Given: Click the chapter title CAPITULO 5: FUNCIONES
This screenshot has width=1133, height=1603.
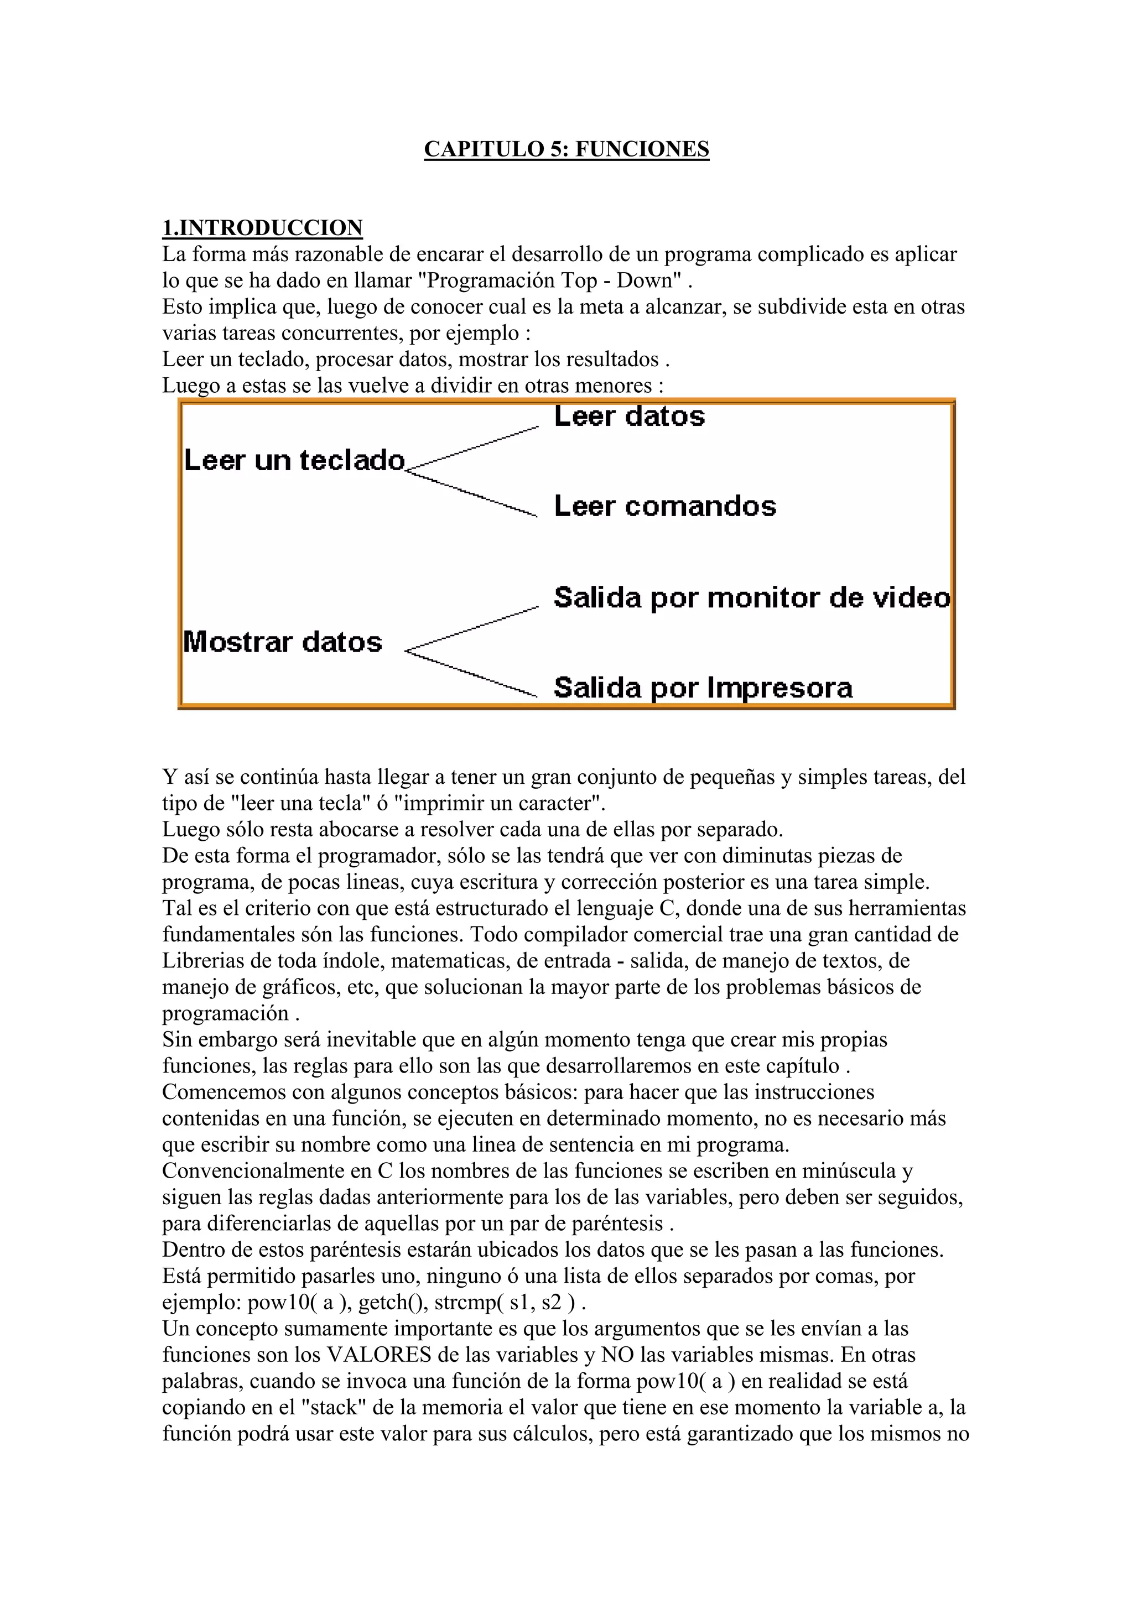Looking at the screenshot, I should [x=566, y=149].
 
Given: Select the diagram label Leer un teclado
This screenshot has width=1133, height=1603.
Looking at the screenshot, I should [x=294, y=461].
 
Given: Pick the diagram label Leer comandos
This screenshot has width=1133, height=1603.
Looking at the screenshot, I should [x=664, y=506].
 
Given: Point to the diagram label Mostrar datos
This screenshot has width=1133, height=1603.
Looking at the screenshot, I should [x=283, y=642].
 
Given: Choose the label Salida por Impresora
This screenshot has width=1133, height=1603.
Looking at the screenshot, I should [x=703, y=688].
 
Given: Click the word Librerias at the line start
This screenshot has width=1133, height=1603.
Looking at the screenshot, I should [x=202, y=961].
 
